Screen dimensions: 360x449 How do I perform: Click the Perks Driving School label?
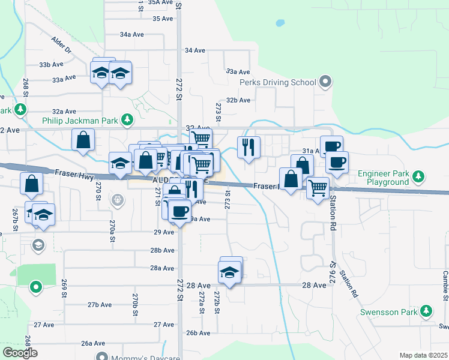pos(278,82)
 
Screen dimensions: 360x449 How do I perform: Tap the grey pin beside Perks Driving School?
pos(325,80)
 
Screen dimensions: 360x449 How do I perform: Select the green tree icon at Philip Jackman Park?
pos(127,120)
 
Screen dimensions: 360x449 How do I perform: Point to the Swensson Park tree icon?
pos(426,311)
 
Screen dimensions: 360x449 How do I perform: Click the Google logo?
pos(20,352)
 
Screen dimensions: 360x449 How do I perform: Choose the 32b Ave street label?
pos(238,100)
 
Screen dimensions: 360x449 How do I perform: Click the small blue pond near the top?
pos(279,24)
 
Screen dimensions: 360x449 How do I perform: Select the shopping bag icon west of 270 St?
pos(83,140)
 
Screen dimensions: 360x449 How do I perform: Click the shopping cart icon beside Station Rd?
pos(318,187)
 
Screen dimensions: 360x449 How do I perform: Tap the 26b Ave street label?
pos(199,332)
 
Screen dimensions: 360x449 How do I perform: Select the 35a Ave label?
pos(161,2)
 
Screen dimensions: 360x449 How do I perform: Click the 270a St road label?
pos(112,230)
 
